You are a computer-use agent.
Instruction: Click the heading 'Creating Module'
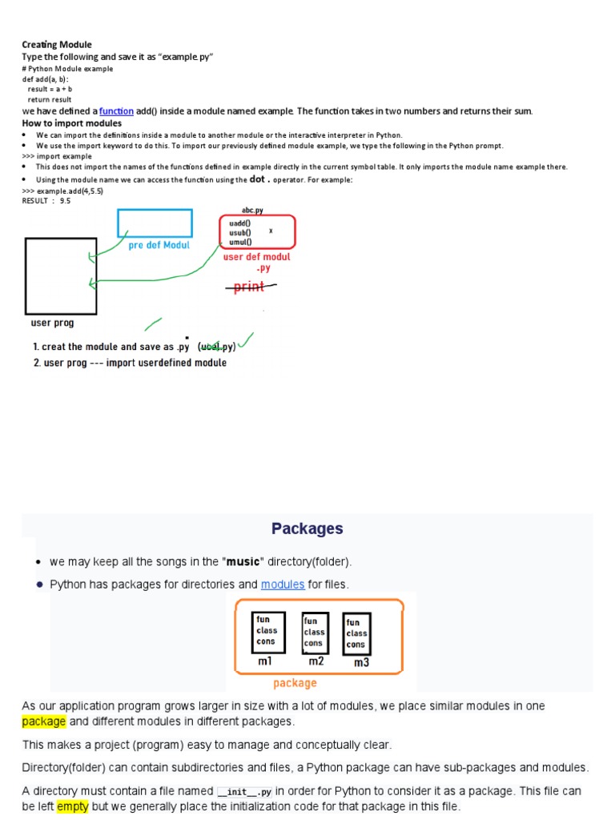pyautogui.click(x=56, y=45)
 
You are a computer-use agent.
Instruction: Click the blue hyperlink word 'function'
pyautogui.click(x=116, y=111)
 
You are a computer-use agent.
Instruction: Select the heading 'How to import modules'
pyautogui.click(x=71, y=123)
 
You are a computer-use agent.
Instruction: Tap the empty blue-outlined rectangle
pyautogui.click(x=155, y=223)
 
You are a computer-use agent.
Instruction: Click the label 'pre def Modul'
pyautogui.click(x=159, y=245)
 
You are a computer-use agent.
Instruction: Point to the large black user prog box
pyautogui.click(x=61, y=275)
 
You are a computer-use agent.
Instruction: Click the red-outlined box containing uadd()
pyautogui.click(x=257, y=231)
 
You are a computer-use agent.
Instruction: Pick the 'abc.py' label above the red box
pyautogui.click(x=252, y=210)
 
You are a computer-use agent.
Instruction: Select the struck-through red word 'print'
pyautogui.click(x=249, y=287)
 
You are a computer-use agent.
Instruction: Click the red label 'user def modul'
pyautogui.click(x=256, y=257)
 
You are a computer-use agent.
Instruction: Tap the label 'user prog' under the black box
pyautogui.click(x=52, y=323)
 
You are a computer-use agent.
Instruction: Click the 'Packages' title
pyautogui.click(x=307, y=529)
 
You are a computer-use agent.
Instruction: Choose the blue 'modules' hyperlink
pyautogui.click(x=283, y=585)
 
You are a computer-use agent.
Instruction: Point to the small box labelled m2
pyautogui.click(x=313, y=633)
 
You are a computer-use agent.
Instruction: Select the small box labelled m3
pyautogui.click(x=356, y=633)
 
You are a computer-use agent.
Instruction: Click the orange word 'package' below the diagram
pyautogui.click(x=295, y=683)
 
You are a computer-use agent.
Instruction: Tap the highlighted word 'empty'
pyautogui.click(x=71, y=806)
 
